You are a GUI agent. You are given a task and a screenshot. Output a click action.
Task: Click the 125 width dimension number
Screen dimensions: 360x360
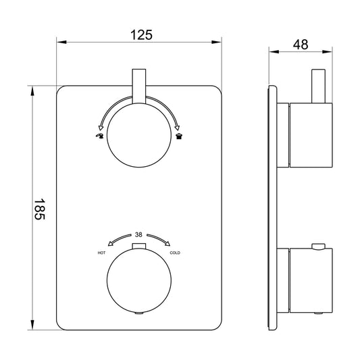point(141,35)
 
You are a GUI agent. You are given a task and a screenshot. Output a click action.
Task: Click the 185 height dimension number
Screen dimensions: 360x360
point(39,209)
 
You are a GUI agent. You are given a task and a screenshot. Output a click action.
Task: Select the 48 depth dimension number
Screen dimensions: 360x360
point(301,45)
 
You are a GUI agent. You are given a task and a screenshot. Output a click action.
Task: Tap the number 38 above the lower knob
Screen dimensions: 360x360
point(138,234)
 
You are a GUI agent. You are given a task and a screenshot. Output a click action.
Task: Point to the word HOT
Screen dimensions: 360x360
point(101,253)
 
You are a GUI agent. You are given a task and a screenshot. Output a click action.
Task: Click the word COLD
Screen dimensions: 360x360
point(175,253)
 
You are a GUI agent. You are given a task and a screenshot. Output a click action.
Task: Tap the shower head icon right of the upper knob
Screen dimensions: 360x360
point(178,136)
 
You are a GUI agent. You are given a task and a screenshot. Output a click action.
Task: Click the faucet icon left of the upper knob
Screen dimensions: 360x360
point(100,136)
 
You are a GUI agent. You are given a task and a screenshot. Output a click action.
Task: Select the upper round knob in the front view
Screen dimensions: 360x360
point(139,135)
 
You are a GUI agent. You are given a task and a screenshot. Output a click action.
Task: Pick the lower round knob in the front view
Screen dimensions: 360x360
point(139,280)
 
